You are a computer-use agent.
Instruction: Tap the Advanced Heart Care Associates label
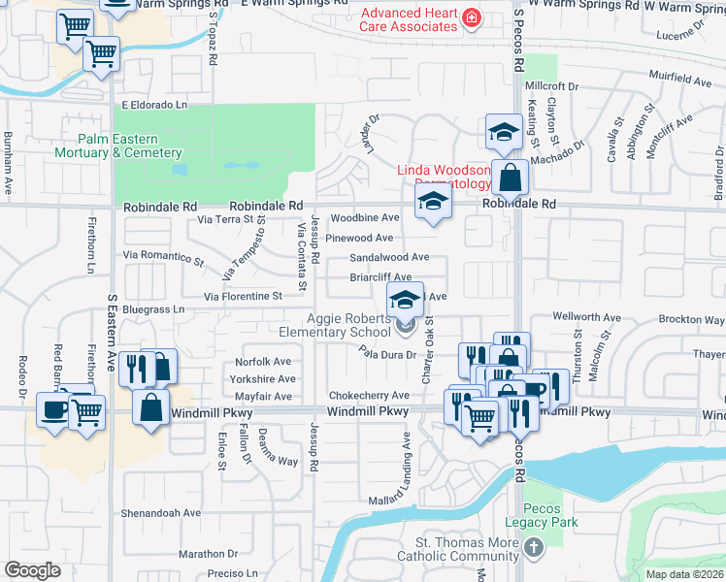pos(409,19)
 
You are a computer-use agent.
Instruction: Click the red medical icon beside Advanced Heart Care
pos(471,18)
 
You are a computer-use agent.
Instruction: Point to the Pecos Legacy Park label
pos(550,515)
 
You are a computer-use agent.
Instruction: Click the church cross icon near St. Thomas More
pos(533,549)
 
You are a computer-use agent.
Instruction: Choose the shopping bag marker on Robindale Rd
pos(509,179)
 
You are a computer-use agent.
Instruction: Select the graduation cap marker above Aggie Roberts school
pos(405,299)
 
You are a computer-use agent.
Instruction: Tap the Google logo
pos(32,570)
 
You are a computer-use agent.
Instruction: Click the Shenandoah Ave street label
pos(160,513)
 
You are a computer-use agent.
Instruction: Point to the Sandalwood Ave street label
pos(389,257)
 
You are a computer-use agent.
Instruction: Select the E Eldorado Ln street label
pos(153,104)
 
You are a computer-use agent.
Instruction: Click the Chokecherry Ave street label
pos(369,396)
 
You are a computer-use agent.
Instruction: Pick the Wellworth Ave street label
pos(586,316)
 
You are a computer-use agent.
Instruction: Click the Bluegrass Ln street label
pos(151,309)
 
